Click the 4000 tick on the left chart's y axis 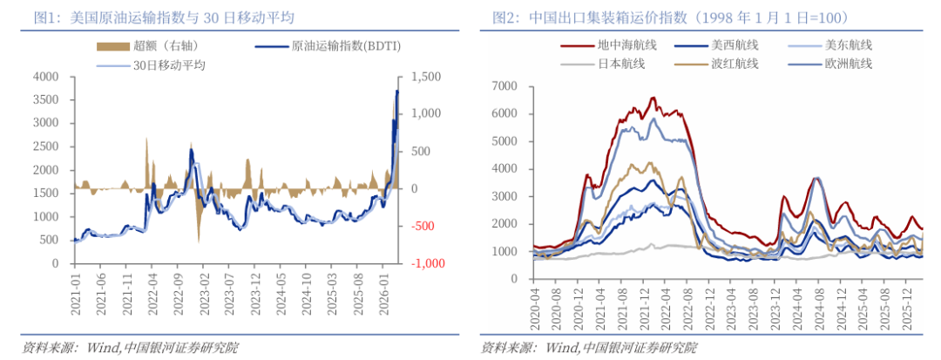click(x=44, y=77)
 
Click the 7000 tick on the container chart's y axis click(x=504, y=85)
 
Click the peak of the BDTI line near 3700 click(x=397, y=91)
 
